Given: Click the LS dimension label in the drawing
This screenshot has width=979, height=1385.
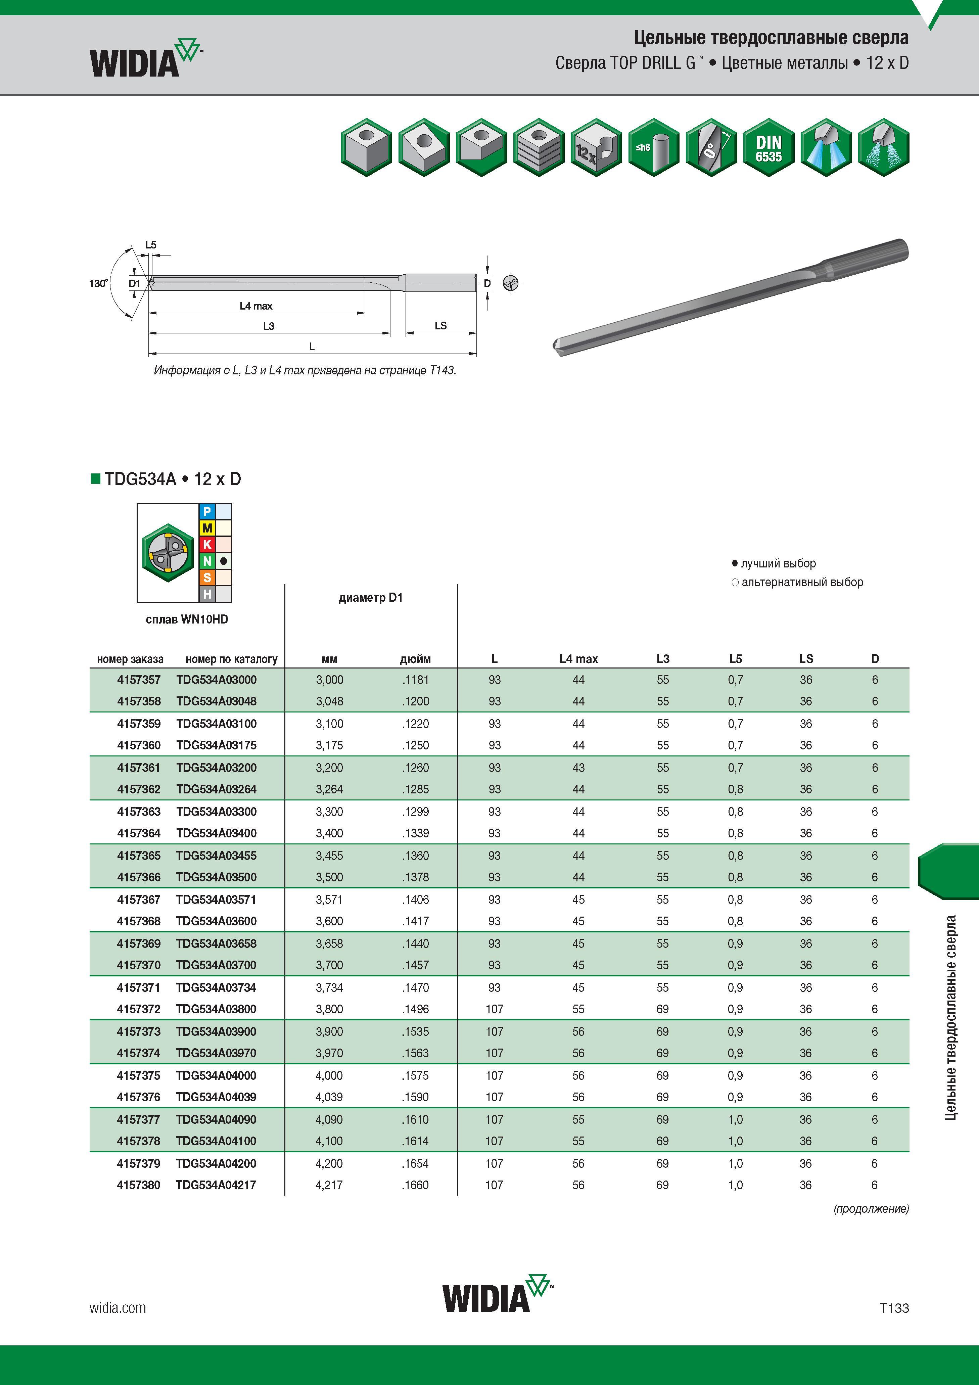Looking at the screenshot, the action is point(441,326).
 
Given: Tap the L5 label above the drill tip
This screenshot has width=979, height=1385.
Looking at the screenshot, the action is point(151,245).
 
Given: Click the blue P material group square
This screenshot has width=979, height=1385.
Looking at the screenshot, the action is point(207,512).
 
